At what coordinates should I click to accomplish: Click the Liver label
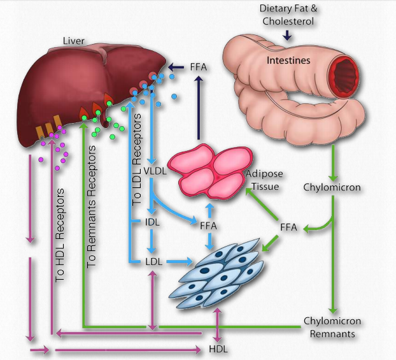[x=73, y=41]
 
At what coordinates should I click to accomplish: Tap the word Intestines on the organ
[x=288, y=61]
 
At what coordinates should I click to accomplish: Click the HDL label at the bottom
[x=218, y=349]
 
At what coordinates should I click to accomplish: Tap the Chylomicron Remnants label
[x=329, y=327]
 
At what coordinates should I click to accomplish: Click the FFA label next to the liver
[x=199, y=66]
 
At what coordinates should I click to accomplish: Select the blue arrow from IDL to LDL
[x=152, y=241]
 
